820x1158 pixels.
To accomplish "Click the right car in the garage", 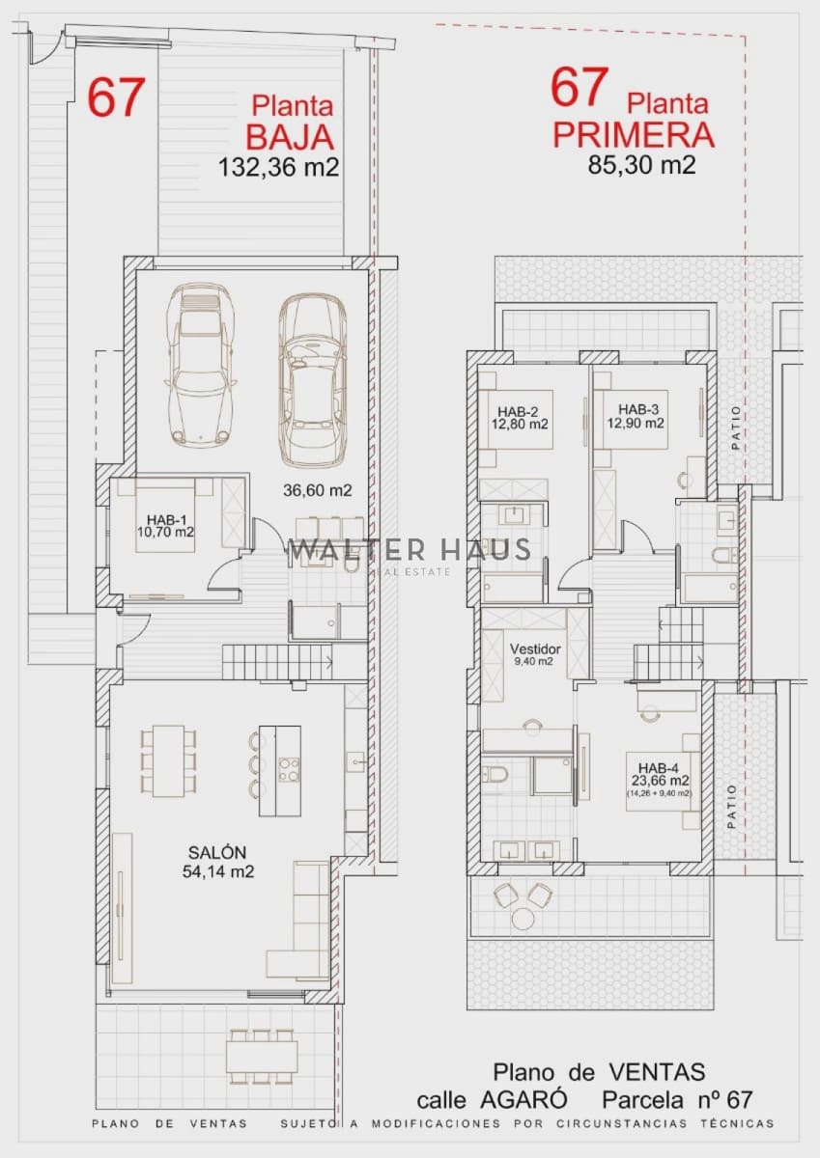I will [x=312, y=378].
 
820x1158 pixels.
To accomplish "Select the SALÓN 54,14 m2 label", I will [x=217, y=862].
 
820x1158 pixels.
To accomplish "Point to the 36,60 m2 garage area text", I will [x=317, y=490].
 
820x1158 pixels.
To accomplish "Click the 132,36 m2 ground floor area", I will [x=279, y=167].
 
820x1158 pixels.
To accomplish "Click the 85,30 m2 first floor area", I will [x=641, y=164].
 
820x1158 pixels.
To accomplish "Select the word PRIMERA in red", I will [x=634, y=135].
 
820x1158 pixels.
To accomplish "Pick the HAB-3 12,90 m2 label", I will [x=635, y=416].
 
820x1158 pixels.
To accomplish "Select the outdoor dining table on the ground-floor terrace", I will [x=263, y=1057].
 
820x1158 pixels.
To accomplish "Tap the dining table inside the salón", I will [x=169, y=761].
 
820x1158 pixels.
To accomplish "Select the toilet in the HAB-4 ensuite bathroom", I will [x=495, y=774].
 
